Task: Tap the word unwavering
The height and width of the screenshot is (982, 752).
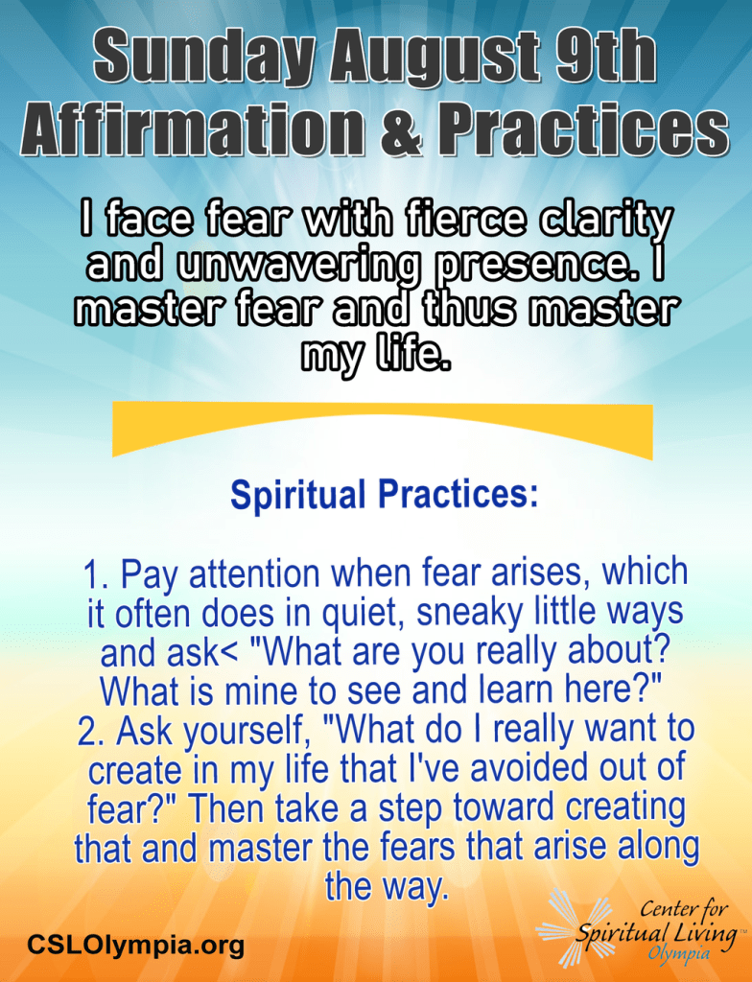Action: [297, 267]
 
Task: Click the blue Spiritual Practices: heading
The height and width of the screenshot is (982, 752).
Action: [384, 496]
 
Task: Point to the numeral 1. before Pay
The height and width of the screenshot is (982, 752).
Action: [97, 575]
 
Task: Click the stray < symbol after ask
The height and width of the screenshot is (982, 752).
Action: [229, 654]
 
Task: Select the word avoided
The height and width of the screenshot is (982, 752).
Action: [529, 769]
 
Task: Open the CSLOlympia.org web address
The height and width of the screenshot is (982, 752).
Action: [135, 944]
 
